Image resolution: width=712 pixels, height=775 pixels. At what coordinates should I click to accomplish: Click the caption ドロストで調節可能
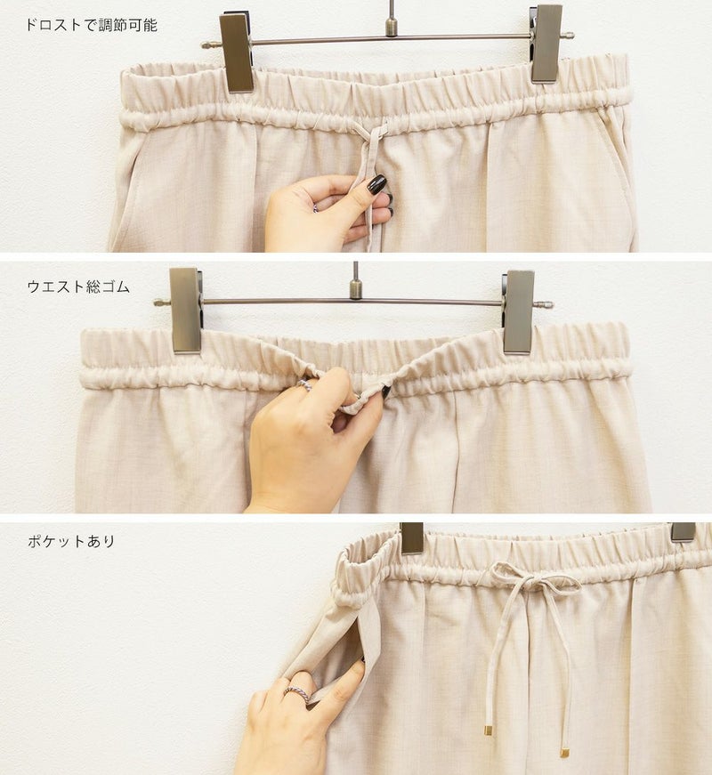92,25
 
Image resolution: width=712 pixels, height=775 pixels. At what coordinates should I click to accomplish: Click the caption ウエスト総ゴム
78,287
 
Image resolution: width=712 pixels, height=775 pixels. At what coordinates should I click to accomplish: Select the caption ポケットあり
71,541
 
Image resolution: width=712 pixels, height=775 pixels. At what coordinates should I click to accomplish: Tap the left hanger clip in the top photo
237,52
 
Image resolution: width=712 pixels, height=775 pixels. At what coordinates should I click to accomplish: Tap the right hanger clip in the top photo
546,44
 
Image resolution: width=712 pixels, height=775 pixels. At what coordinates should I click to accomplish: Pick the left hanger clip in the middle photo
185,311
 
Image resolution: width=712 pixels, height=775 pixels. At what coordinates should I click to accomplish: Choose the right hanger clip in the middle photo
518,312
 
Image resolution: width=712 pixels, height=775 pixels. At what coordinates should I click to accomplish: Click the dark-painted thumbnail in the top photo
376,184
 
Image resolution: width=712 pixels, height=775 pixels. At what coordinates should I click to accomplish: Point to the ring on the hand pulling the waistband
304,385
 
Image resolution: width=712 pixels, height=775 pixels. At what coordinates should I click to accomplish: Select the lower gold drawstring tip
563,754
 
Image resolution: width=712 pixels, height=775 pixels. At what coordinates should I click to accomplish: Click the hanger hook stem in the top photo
392,18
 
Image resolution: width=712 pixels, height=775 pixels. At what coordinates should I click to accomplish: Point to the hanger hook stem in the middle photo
355,281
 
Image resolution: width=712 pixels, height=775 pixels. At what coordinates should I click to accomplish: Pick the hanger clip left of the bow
412,538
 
